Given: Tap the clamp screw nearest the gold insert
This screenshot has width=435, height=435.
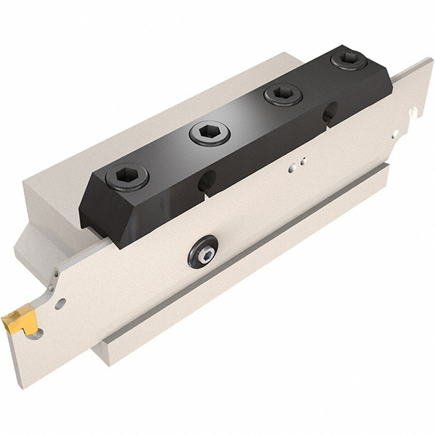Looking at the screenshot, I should pos(127,175).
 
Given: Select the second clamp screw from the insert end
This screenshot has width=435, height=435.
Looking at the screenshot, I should pos(209,133).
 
